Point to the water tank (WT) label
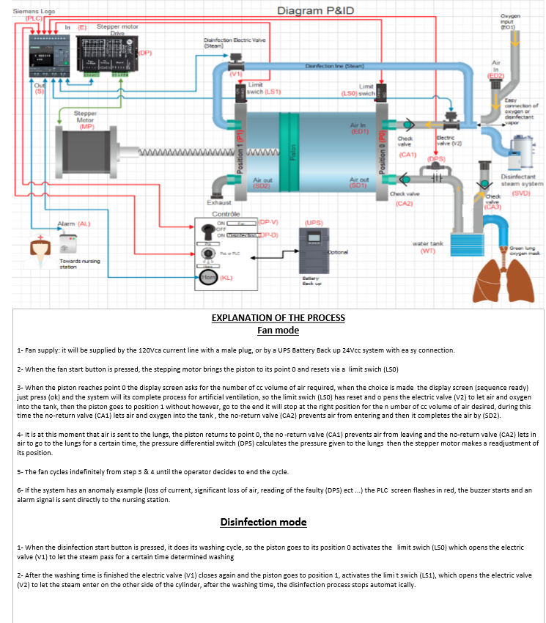click(427, 247)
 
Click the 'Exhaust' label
click(219, 202)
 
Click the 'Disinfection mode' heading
click(263, 522)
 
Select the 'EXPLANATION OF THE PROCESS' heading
click(278, 318)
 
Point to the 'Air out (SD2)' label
click(262, 183)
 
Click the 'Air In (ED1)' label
click(359, 128)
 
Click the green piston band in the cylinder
click(294, 153)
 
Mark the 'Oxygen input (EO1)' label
click(511, 21)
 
